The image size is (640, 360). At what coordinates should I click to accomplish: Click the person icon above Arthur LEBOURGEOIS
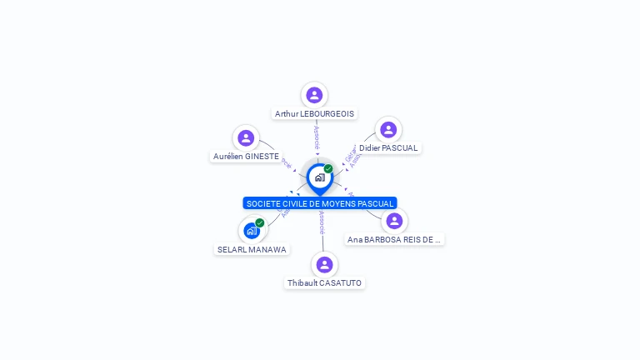(x=314, y=95)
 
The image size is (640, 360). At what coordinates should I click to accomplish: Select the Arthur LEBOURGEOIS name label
(x=314, y=113)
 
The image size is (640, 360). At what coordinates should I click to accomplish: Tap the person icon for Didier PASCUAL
(x=388, y=129)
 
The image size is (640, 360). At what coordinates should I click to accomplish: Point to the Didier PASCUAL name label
(x=388, y=147)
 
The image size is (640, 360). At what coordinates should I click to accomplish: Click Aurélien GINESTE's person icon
(x=246, y=137)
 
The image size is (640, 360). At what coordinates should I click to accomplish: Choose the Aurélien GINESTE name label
(x=246, y=156)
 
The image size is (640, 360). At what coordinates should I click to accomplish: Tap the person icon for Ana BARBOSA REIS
(x=394, y=221)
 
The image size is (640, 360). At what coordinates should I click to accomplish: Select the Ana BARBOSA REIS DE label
(x=393, y=239)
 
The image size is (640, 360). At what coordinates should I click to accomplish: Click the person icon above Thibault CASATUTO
(x=324, y=265)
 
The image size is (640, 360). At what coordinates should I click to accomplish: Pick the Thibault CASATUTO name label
(x=324, y=283)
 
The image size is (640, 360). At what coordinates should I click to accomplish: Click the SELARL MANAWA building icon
(x=251, y=231)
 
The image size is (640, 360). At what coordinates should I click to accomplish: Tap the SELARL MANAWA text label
(x=252, y=249)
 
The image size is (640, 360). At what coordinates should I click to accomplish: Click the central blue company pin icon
(x=319, y=177)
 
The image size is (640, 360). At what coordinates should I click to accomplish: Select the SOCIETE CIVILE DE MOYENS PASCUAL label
(x=320, y=203)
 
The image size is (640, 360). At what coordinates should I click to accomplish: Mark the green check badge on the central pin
(x=328, y=168)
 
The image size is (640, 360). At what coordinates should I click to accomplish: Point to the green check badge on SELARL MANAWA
(x=260, y=222)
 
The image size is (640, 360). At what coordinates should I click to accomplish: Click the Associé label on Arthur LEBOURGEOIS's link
(x=317, y=137)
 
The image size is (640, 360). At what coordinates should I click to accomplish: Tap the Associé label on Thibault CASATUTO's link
(x=322, y=222)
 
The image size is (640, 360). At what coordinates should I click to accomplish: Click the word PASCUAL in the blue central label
(x=374, y=203)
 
